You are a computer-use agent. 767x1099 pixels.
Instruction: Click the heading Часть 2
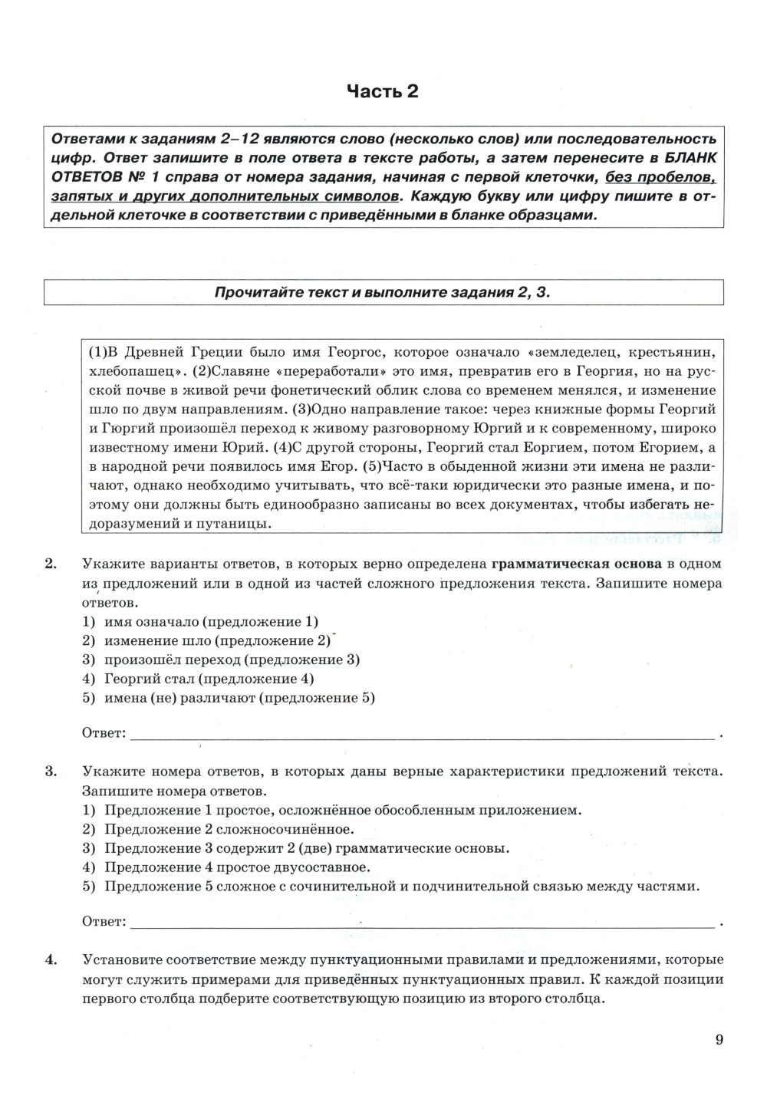pos(383,92)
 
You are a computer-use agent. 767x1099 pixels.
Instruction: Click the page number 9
pos(719,1040)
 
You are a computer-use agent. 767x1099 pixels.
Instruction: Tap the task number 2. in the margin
pos(51,564)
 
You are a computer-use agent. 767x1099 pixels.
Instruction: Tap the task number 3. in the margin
pos(51,772)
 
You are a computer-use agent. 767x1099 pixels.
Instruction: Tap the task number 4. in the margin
pos(51,959)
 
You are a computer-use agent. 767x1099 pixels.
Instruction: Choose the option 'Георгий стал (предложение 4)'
pos(209,679)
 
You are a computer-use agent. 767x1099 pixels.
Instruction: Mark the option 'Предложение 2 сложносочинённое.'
pos(229,829)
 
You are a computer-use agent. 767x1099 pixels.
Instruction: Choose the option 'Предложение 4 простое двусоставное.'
pos(237,867)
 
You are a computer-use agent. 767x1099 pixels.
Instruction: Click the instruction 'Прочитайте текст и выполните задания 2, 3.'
pos(383,292)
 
